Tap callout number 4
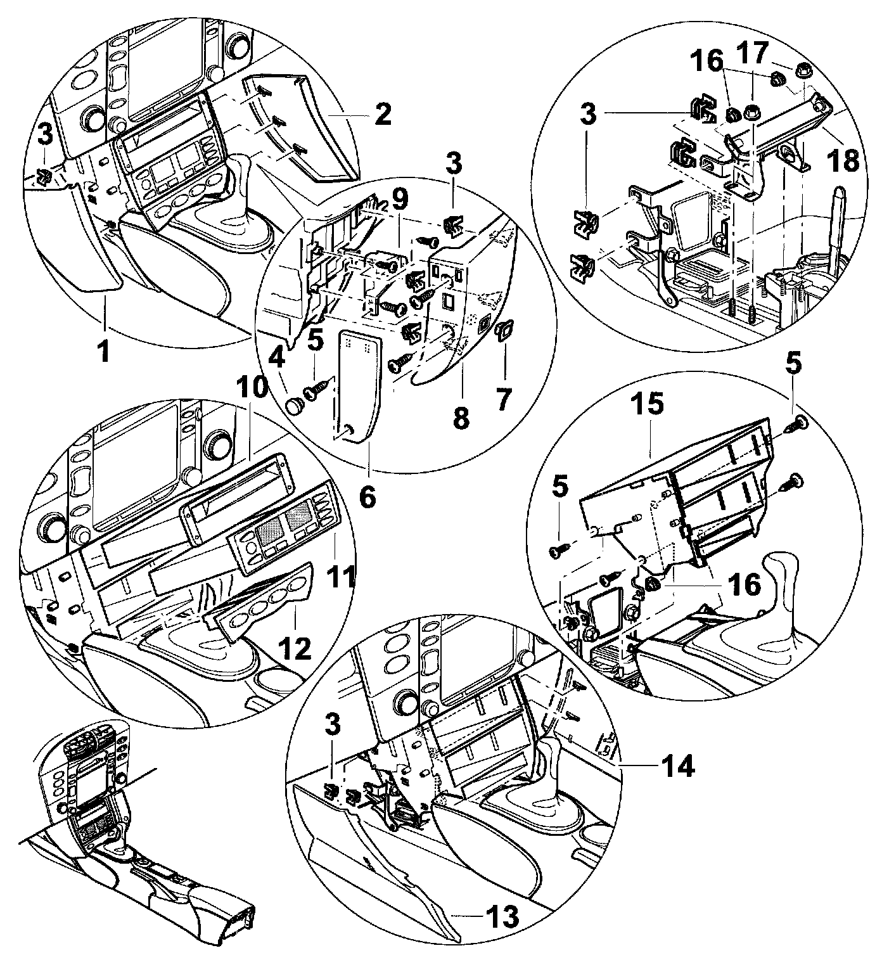277,362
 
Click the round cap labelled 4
295,406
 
